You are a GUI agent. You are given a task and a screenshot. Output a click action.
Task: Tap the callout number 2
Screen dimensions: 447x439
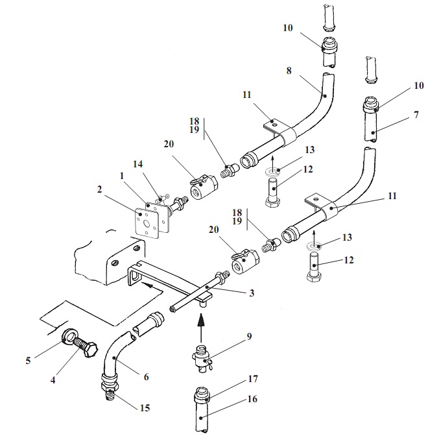coord(100,189)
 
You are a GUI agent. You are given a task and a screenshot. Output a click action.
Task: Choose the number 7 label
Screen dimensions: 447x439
coord(416,115)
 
